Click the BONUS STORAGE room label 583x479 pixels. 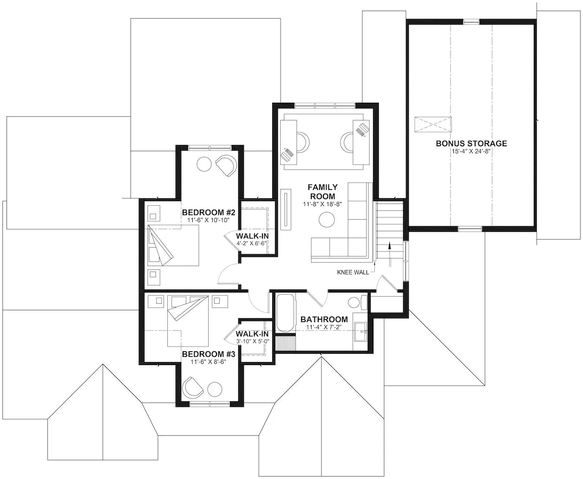pyautogui.click(x=471, y=144)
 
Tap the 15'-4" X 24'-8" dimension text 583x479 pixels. pyautogui.click(x=471, y=151)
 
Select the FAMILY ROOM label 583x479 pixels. pyautogui.click(x=322, y=191)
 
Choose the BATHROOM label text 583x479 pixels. pyautogui.click(x=324, y=320)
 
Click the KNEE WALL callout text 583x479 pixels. pyautogui.click(x=353, y=272)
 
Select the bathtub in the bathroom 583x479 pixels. pyautogui.click(x=285, y=313)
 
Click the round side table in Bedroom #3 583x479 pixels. pyautogui.click(x=215, y=388)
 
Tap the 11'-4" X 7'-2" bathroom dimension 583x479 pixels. pyautogui.click(x=324, y=328)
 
